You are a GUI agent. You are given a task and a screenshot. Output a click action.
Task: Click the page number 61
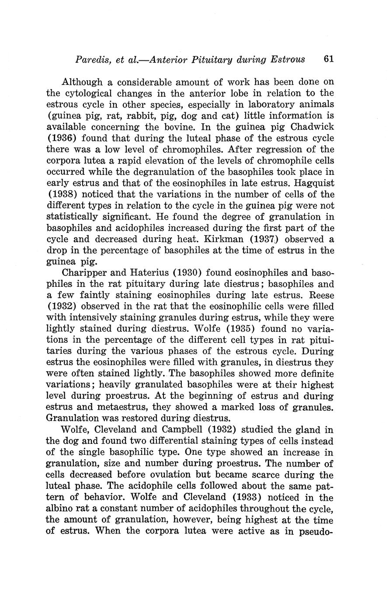click(x=329, y=59)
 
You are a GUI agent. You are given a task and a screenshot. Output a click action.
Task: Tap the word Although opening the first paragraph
click(x=83, y=82)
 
